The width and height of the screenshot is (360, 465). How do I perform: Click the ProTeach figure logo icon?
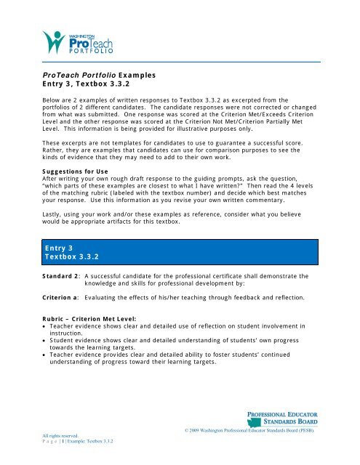click(53, 41)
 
